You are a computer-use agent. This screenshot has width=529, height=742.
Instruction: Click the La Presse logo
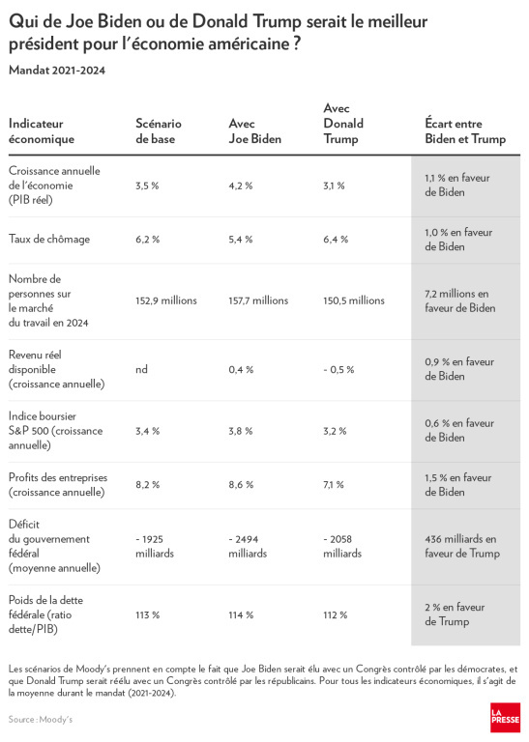click(x=506, y=718)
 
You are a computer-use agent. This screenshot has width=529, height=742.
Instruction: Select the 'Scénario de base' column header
click(x=159, y=131)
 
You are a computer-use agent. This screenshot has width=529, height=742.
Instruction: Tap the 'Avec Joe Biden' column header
click(x=254, y=131)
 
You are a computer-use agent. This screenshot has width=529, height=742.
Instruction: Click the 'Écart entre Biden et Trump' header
click(x=465, y=131)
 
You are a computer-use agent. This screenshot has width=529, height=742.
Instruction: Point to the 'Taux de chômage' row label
click(x=49, y=239)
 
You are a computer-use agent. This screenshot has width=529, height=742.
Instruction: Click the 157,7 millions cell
click(x=258, y=300)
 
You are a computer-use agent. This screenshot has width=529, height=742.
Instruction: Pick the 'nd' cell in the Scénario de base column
click(x=141, y=369)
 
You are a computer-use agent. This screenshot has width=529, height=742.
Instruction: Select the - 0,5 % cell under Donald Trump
click(x=338, y=370)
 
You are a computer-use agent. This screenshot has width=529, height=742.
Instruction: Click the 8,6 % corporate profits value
click(x=241, y=485)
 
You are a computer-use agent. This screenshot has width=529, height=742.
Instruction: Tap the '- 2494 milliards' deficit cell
click(x=248, y=546)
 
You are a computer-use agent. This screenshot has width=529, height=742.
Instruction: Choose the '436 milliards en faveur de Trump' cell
click(x=462, y=546)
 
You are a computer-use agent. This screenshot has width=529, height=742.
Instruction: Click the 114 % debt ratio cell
click(x=241, y=614)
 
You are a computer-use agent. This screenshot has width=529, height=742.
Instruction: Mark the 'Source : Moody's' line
click(x=41, y=719)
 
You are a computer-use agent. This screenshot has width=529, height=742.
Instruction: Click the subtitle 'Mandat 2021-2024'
click(x=57, y=71)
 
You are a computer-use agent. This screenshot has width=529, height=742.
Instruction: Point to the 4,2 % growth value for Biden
click(x=241, y=185)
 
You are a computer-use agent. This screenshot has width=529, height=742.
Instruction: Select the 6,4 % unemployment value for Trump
click(x=336, y=240)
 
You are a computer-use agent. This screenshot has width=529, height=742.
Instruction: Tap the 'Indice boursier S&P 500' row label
click(x=55, y=431)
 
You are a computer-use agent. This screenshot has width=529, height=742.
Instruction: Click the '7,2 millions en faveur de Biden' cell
click(x=460, y=300)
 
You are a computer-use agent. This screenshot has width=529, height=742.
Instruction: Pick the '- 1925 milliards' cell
click(x=155, y=546)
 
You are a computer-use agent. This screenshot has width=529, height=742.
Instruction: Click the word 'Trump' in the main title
click(x=277, y=22)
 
